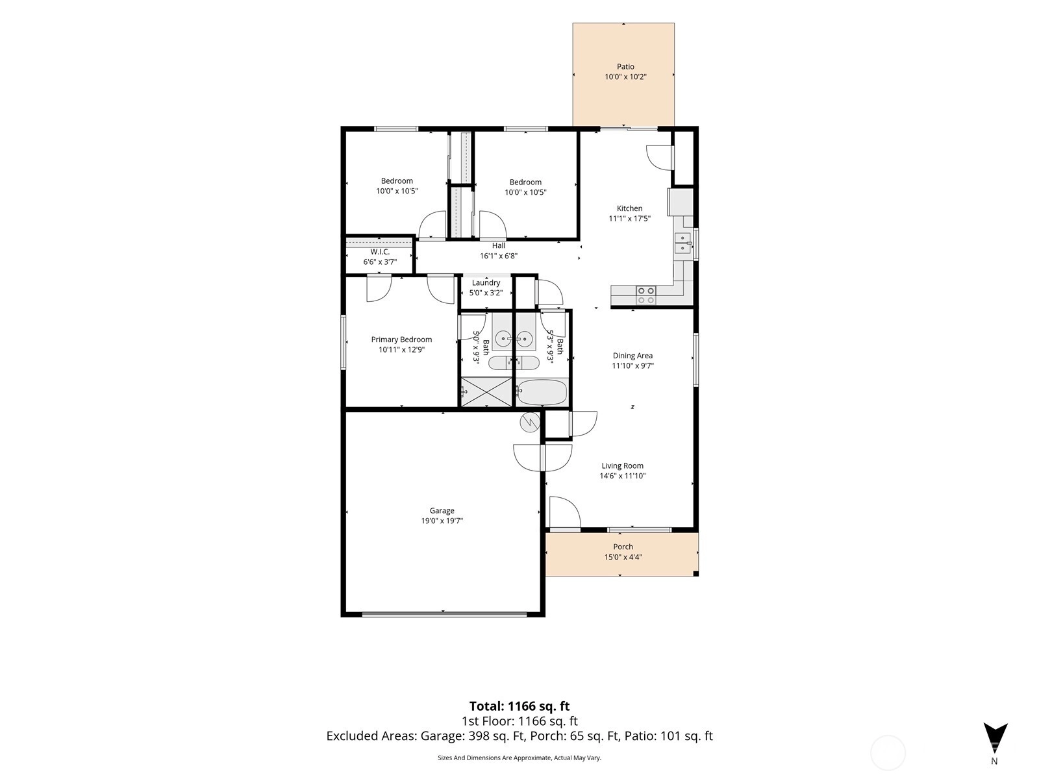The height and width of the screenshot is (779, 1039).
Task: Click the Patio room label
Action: click(625, 67)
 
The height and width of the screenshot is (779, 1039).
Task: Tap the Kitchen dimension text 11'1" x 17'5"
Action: click(629, 219)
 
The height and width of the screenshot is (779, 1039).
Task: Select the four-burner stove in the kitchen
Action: click(645, 295)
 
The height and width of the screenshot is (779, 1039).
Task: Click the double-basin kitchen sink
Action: click(682, 243)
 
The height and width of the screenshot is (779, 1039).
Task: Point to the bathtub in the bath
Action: click(542, 392)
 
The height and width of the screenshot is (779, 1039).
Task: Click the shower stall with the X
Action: click(486, 391)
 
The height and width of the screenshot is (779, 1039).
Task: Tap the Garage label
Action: click(442, 510)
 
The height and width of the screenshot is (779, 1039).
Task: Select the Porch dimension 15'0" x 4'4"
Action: click(623, 557)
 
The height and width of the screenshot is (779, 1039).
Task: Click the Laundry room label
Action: click(486, 283)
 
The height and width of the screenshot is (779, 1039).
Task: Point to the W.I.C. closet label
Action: click(380, 252)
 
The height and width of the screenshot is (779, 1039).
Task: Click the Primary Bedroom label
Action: click(401, 340)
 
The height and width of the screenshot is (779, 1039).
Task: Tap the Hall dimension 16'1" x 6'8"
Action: click(499, 256)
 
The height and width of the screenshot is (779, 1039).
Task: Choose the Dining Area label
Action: click(632, 356)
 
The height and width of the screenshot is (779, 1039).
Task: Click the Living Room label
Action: click(623, 466)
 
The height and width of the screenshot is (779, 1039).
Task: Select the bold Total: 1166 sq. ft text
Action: click(519, 706)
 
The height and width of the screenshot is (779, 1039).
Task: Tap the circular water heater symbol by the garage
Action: click(530, 423)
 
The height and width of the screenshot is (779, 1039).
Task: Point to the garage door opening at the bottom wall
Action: click(444, 614)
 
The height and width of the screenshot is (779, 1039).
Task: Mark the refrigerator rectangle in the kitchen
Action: click(681, 202)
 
